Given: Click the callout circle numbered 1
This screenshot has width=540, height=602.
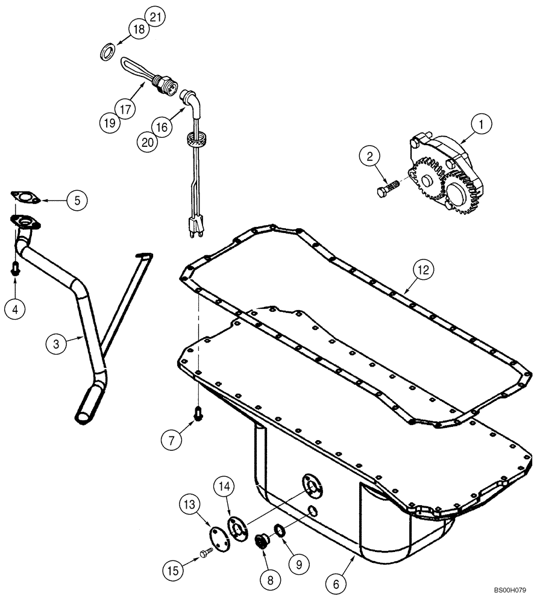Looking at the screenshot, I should tap(481, 125).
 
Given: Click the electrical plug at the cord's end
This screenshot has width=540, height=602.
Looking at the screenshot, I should tap(194, 229).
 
